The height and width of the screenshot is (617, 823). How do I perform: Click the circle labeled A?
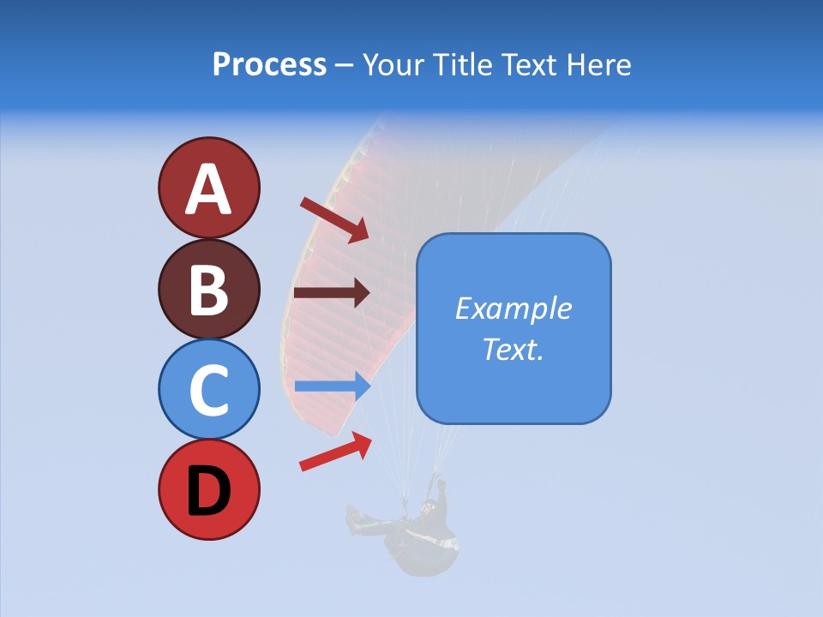tap(209, 188)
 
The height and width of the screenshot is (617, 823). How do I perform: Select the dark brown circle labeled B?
tap(209, 289)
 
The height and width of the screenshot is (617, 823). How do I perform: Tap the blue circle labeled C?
tap(209, 389)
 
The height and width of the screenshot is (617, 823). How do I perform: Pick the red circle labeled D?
tap(209, 489)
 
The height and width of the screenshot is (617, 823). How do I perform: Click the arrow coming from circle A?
tap(334, 219)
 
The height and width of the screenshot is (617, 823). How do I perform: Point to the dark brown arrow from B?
tap(332, 292)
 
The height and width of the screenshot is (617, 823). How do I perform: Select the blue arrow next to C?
tap(332, 386)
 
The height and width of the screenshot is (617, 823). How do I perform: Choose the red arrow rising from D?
tap(335, 451)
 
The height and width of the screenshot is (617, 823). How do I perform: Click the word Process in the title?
tap(269, 64)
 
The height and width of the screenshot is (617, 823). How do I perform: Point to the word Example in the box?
tap(513, 308)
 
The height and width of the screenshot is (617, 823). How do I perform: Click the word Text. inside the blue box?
tap(513, 349)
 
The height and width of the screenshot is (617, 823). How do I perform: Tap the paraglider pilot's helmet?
tap(427, 508)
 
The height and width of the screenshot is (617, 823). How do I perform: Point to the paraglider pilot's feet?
tap(352, 518)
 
